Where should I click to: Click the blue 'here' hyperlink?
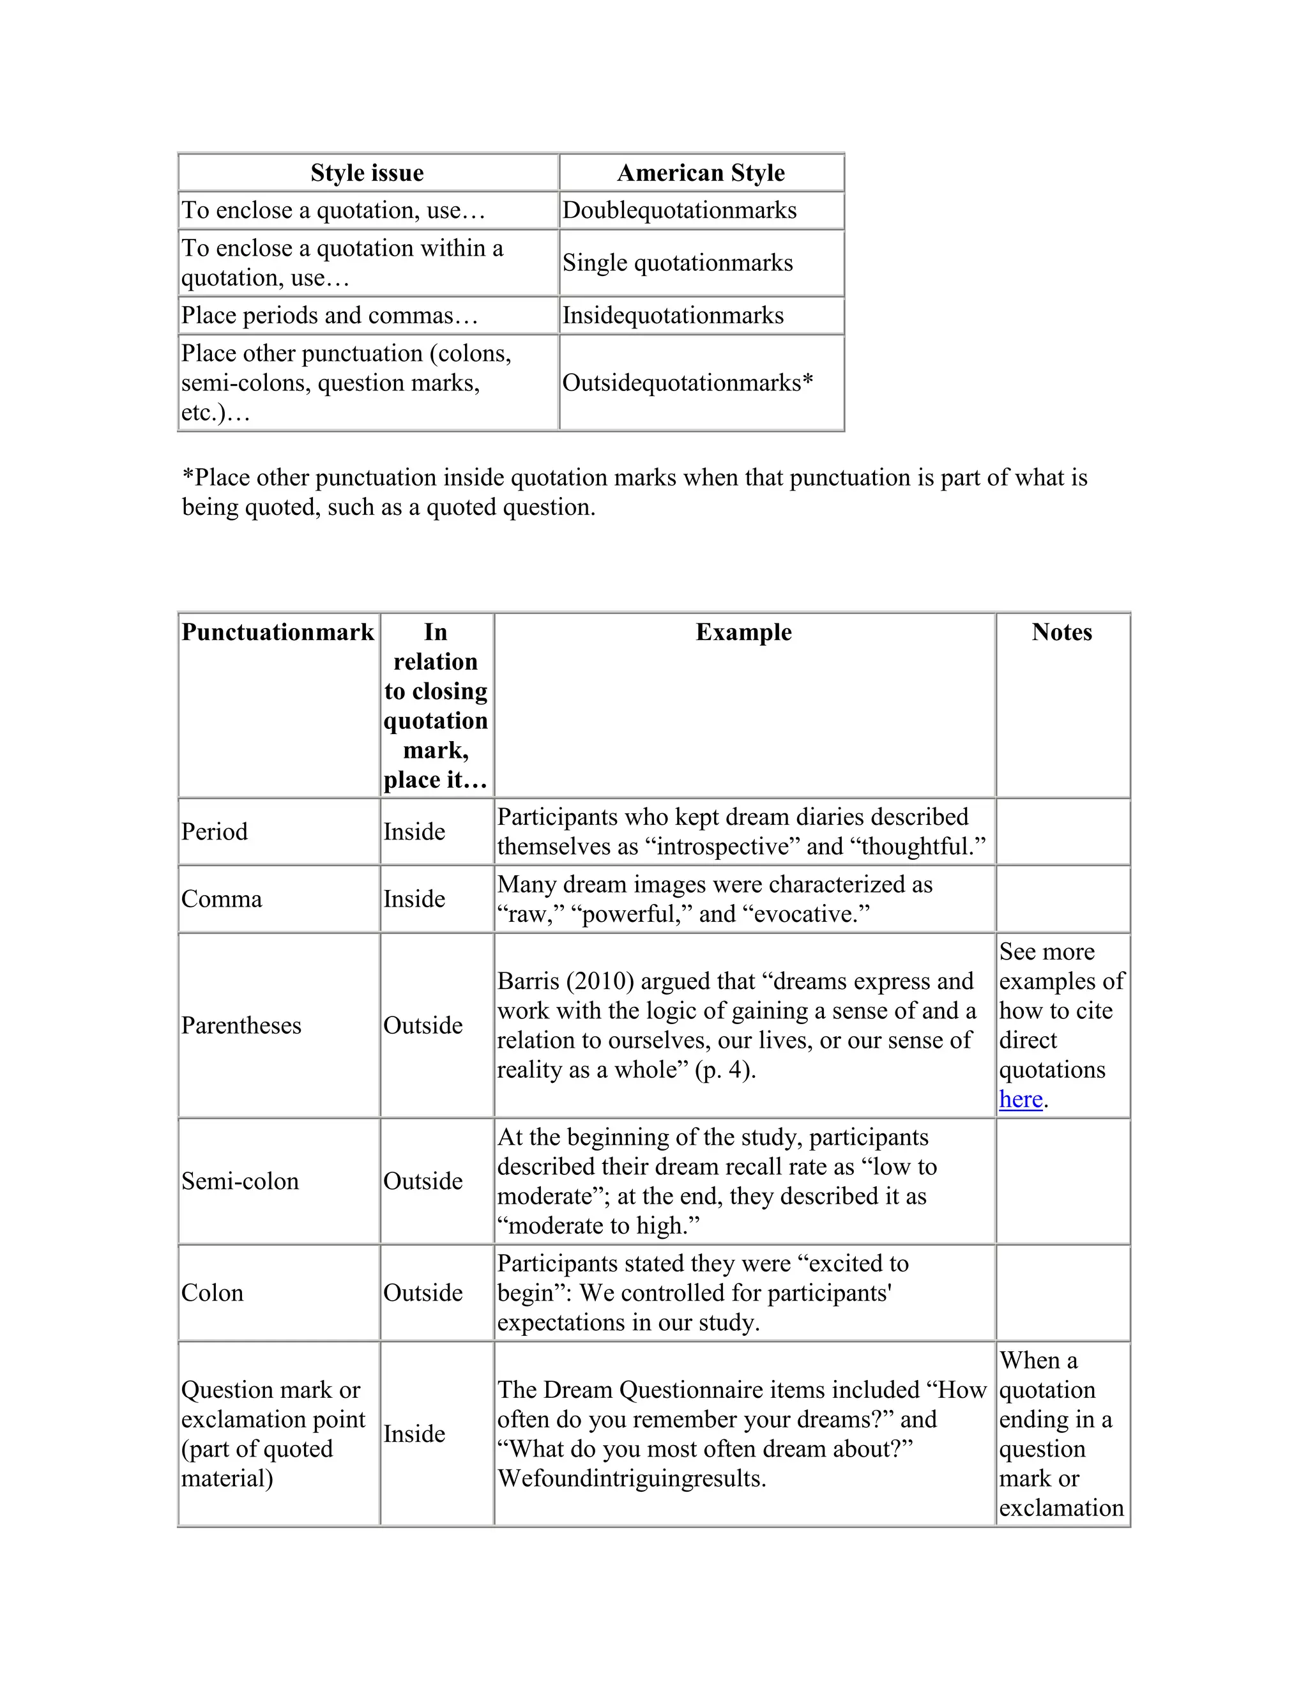[x=1020, y=1099]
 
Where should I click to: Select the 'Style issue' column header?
[x=367, y=173]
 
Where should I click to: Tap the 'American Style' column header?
[x=701, y=173]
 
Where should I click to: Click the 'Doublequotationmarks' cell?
[x=679, y=211]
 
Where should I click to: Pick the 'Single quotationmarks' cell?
[x=677, y=263]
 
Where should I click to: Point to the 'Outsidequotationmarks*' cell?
[x=687, y=383]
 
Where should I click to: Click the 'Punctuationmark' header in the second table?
[x=277, y=632]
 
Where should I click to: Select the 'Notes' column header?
[x=1061, y=632]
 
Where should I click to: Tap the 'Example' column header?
[x=743, y=632]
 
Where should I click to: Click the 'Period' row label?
[x=215, y=832]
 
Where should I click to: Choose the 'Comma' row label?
[x=222, y=900]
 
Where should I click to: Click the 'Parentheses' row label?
[x=241, y=1025]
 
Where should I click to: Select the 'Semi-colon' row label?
[x=240, y=1181]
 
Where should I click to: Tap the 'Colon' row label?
[x=212, y=1293]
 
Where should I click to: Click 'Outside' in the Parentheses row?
[x=422, y=1025]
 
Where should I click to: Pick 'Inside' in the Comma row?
[x=414, y=900]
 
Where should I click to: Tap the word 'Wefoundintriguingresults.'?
[x=632, y=1478]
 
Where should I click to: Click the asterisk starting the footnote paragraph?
[x=188, y=476]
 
